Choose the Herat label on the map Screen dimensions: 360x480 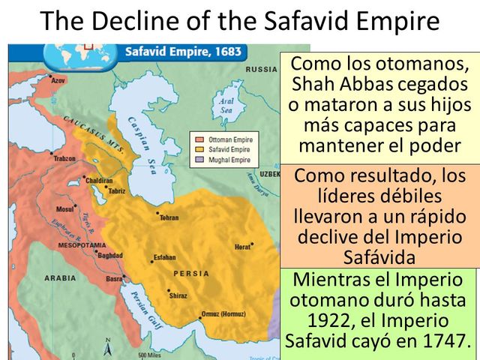pos(242,247)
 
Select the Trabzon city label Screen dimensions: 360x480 pos(65,159)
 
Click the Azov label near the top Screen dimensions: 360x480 pos(59,79)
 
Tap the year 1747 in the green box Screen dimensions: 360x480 pos(441,341)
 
